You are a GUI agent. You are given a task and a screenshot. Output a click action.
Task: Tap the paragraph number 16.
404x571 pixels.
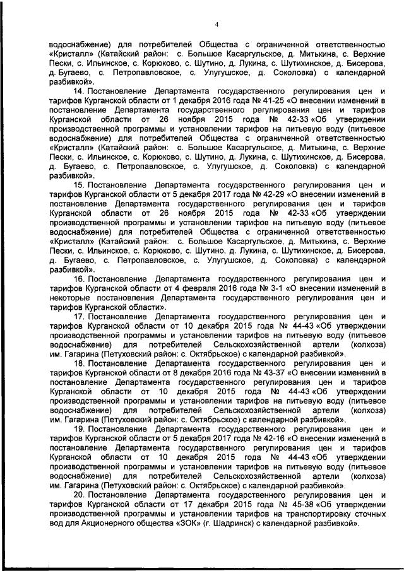click(78, 278)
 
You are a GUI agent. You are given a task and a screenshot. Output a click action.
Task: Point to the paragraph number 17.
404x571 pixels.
click(78, 316)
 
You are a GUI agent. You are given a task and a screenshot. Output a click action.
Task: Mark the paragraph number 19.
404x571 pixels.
click(78, 430)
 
